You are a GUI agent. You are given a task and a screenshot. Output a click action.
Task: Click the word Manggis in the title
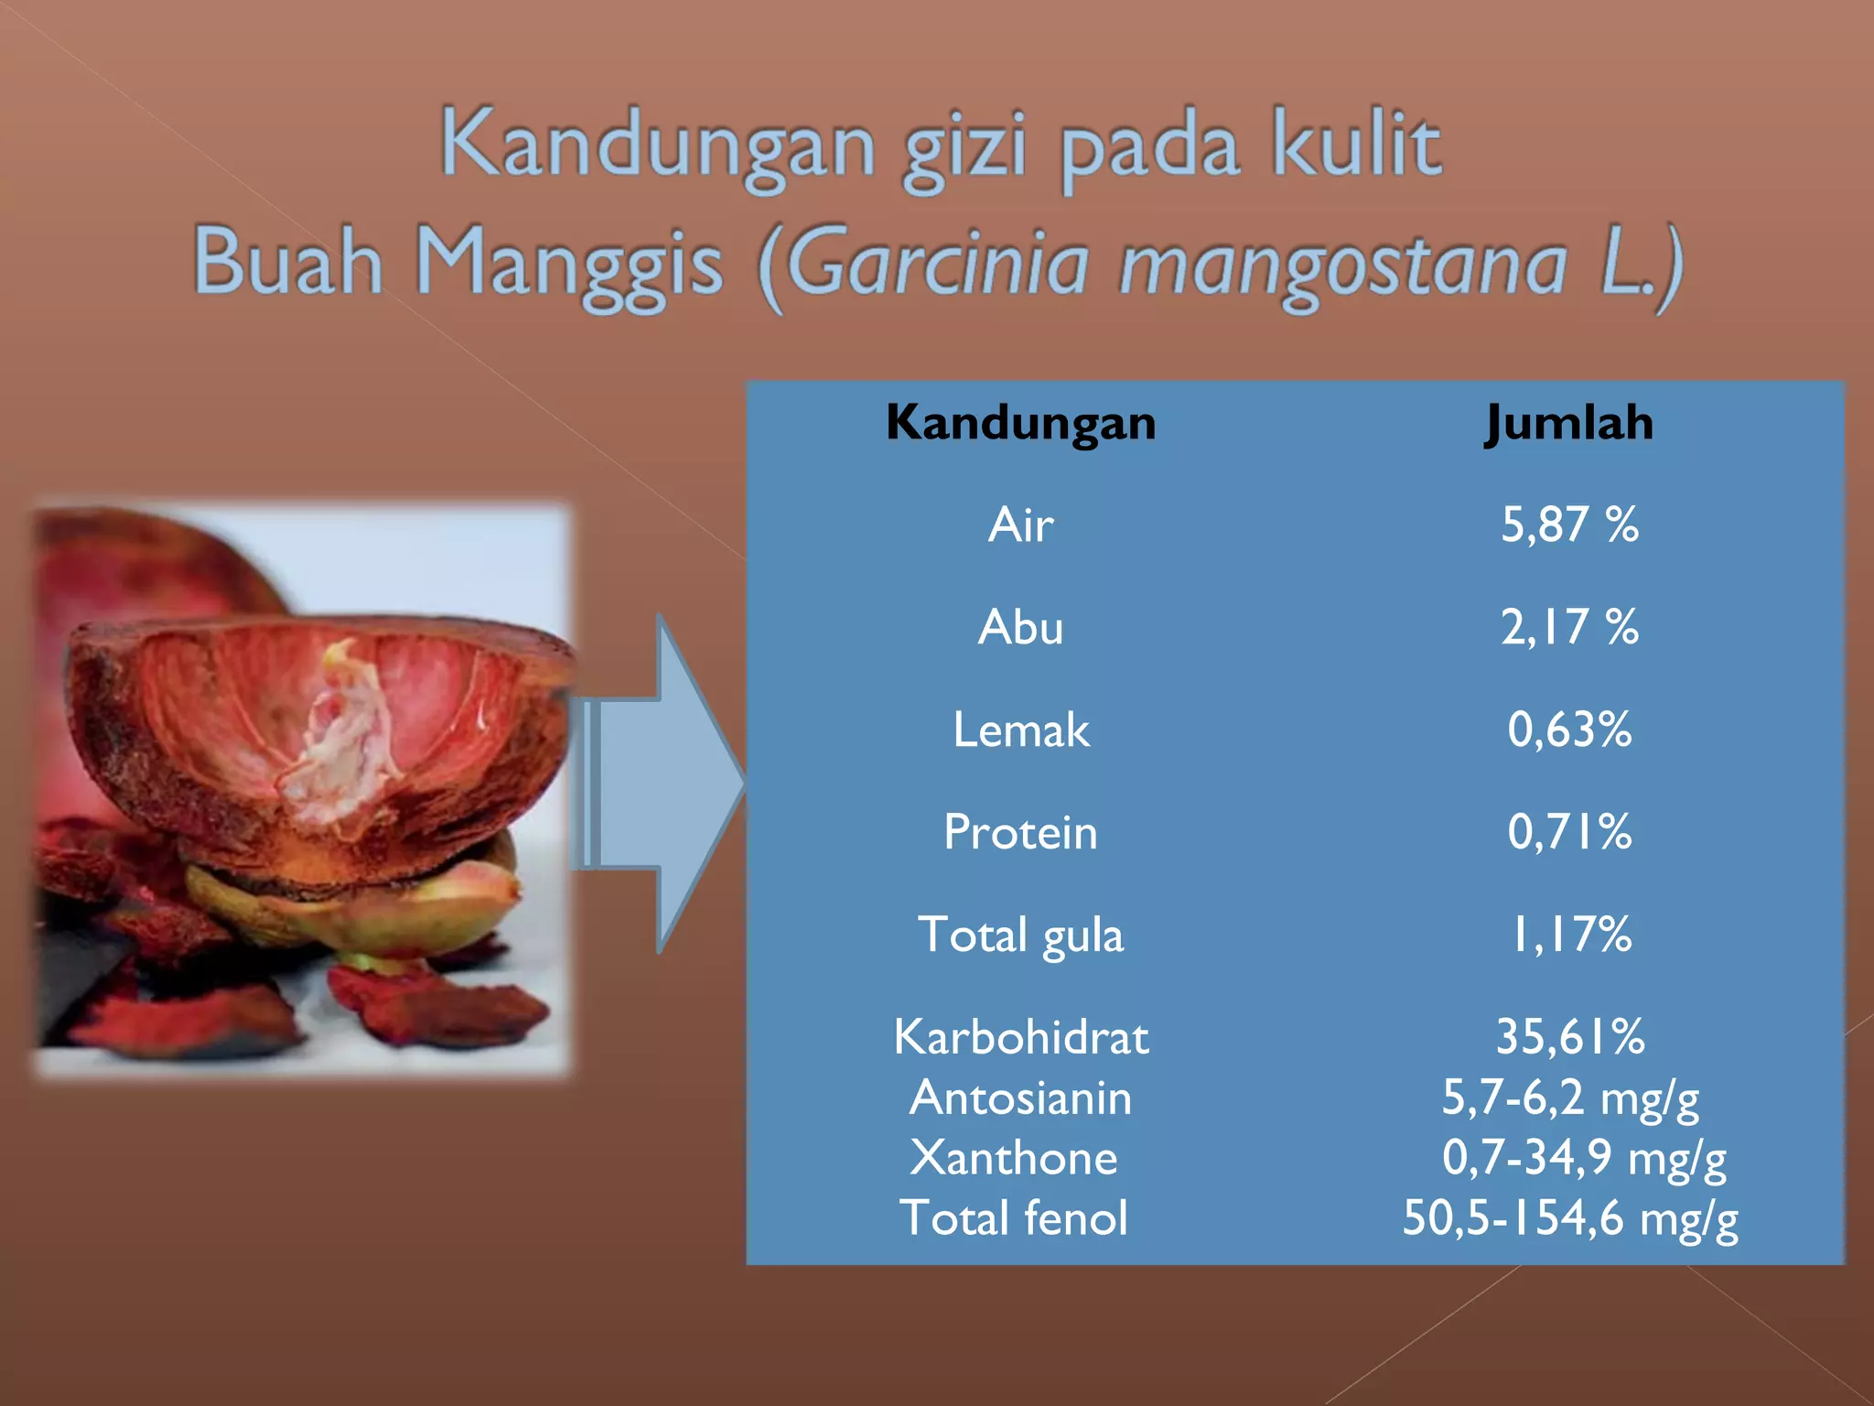[569, 264]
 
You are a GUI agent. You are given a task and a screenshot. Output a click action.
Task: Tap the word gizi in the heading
[965, 146]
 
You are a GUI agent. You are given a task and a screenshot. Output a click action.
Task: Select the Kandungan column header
[1020, 423]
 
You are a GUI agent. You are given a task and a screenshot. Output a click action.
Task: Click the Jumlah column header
[1569, 423]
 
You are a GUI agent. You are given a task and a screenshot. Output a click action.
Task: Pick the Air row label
[1020, 525]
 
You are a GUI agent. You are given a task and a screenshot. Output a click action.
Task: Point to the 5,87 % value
[1569, 525]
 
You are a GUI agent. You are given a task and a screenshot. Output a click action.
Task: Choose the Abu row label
[1020, 628]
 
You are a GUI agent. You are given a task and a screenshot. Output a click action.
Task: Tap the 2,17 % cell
[1569, 628]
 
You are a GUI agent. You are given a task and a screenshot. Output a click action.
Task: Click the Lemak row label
[1020, 730]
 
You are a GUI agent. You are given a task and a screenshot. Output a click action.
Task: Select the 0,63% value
[1569, 730]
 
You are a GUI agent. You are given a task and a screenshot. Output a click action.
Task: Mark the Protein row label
[1020, 833]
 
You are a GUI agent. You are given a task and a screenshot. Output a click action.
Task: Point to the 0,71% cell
[1569, 833]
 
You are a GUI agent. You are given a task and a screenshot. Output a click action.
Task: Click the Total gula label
[1020, 936]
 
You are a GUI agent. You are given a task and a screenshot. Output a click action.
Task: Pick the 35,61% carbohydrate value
[1569, 1038]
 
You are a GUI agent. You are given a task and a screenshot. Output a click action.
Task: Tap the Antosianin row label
[1020, 1098]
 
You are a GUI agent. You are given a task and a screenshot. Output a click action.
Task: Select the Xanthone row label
[1014, 1158]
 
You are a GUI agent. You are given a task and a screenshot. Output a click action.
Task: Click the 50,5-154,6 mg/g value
[1569, 1218]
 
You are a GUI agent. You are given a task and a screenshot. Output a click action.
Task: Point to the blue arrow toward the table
[663, 783]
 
